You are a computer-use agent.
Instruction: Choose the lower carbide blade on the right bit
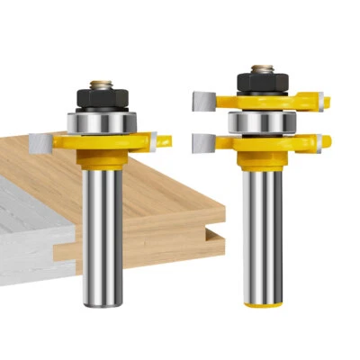(x=204, y=142)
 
